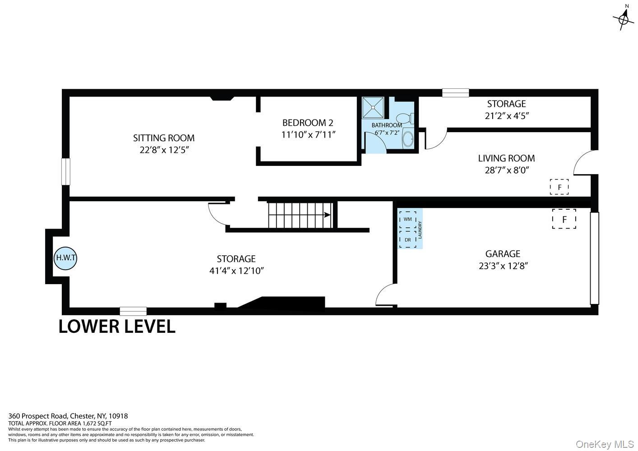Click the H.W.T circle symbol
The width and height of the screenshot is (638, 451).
pos(65,258)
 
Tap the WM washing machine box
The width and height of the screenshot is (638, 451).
pos(407,220)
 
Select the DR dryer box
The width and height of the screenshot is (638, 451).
pos(407,239)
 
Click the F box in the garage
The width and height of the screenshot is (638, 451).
pos(564,219)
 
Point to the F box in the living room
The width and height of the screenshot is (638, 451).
pos(559,187)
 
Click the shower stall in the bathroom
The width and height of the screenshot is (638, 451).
pos(373,107)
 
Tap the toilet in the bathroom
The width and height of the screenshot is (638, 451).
pos(405,118)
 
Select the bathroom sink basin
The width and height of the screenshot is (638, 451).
pos(408,139)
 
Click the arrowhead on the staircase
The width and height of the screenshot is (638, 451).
pos(327,215)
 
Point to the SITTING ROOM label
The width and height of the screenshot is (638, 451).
pos(164,138)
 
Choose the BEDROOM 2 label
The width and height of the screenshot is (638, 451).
pos(308,123)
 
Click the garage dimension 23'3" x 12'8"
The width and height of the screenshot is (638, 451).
pos(503,266)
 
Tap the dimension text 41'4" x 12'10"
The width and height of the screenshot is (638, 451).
pos(236,271)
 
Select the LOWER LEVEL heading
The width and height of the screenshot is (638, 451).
pos(117,327)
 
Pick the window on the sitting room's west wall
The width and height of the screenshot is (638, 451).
pos(66,171)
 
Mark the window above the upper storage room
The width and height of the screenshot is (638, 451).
pos(455,93)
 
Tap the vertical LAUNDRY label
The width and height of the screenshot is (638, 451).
pos(420,230)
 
